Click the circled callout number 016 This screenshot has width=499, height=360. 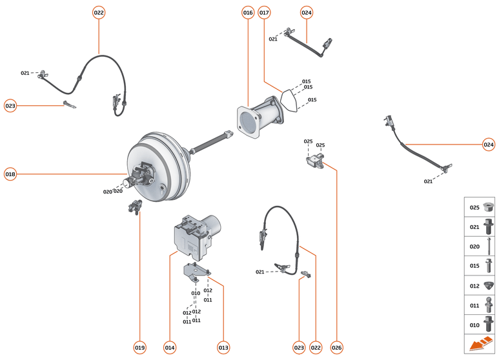[248, 12]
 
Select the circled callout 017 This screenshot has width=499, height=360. [264, 12]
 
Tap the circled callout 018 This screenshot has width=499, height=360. [10, 174]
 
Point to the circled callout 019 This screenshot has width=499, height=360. [139, 348]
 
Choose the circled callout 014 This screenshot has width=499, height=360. [169, 348]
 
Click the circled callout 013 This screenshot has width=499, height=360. [223, 348]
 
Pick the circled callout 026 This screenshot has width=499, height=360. [336, 348]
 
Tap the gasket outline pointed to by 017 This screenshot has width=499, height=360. [288, 101]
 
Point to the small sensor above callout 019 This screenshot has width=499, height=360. [136, 208]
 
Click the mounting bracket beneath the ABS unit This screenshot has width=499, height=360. [196, 272]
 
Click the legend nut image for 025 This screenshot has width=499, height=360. [489, 207]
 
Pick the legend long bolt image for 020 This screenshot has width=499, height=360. [489, 246]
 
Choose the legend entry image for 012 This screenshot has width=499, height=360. [489, 285]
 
